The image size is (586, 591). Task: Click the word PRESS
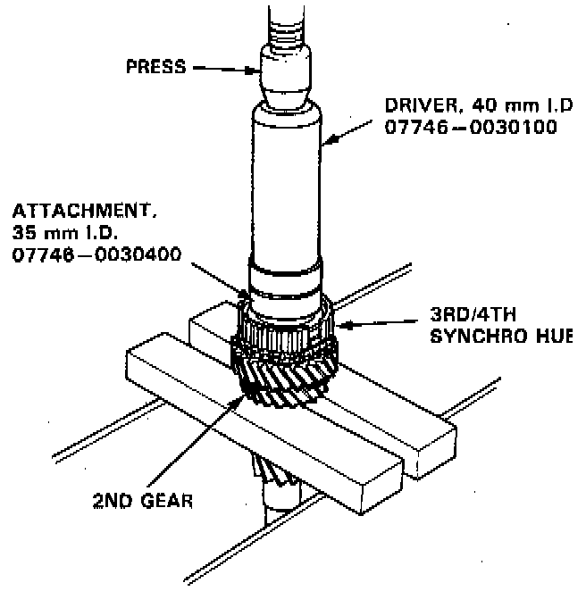point(155,66)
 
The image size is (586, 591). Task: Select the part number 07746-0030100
point(470,128)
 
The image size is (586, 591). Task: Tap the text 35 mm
point(45,235)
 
